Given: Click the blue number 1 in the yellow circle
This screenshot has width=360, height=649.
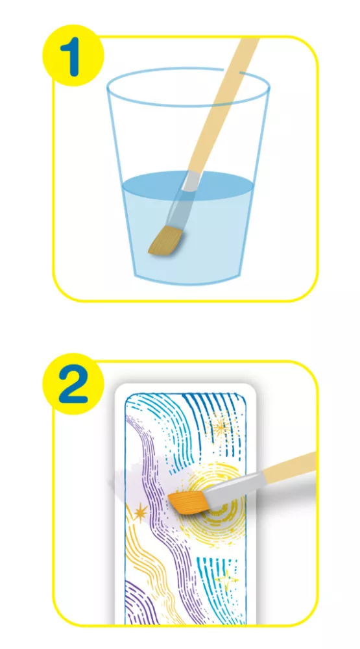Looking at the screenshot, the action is tap(73, 59).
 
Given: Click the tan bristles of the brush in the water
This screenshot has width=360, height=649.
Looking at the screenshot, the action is tap(166, 241).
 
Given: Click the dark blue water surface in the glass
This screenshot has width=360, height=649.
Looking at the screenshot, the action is tap(187, 184).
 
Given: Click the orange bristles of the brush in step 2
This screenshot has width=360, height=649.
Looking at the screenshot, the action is tap(186, 502).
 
